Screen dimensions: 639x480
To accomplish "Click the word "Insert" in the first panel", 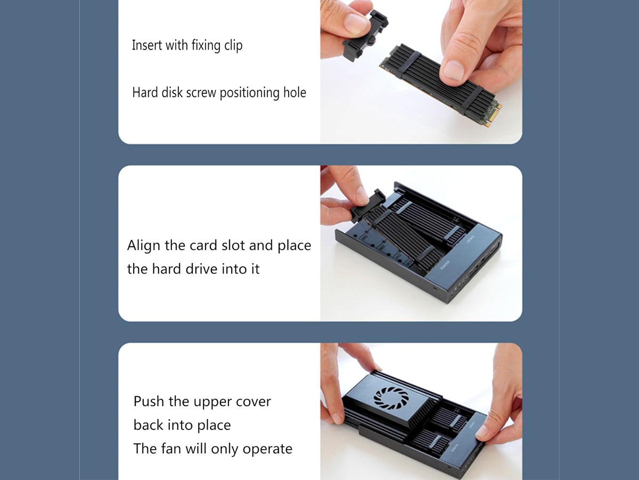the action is (147, 45).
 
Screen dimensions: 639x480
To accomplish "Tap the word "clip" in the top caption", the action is (233, 46).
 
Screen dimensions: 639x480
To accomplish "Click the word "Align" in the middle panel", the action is (144, 245).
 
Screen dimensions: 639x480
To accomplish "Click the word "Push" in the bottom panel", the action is (149, 401).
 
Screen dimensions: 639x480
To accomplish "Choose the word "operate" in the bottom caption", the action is (267, 450).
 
